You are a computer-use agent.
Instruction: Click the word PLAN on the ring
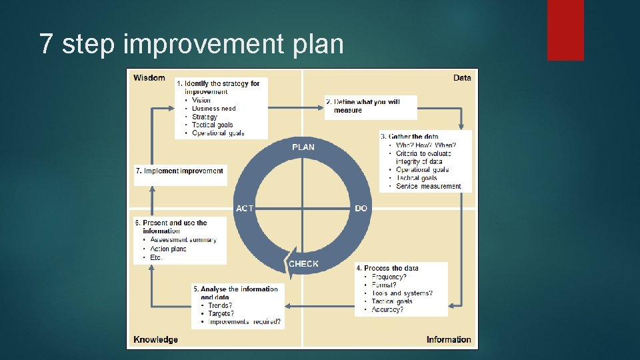pyautogui.click(x=303, y=147)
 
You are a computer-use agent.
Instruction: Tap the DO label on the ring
pyautogui.click(x=361, y=209)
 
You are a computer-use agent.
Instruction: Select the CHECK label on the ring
pyautogui.click(x=304, y=264)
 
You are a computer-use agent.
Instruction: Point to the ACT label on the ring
pyautogui.click(x=245, y=209)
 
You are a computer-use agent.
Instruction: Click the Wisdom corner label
pyautogui.click(x=149, y=78)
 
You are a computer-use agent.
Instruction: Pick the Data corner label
pyautogui.click(x=462, y=78)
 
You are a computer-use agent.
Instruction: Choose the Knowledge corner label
pyautogui.click(x=155, y=339)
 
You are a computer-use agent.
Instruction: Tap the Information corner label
pyautogui.click(x=449, y=339)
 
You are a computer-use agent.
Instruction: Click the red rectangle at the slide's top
pyautogui.click(x=565, y=30)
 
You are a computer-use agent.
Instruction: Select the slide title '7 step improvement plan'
pyautogui.click(x=192, y=44)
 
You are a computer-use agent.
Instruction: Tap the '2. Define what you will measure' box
pyautogui.click(x=371, y=106)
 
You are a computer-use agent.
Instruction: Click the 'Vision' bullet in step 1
pyautogui.click(x=201, y=101)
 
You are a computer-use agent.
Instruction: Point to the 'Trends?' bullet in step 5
pyautogui.click(x=220, y=305)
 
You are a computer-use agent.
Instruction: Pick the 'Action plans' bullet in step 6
pyautogui.click(x=169, y=249)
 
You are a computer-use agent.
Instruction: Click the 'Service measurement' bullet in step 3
pyautogui.click(x=429, y=186)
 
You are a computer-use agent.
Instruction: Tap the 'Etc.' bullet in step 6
pyautogui.click(x=157, y=257)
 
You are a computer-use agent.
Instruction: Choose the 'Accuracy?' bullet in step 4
pyautogui.click(x=387, y=309)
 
